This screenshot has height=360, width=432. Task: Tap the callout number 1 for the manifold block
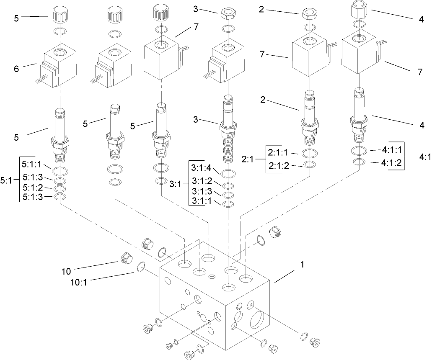click(302, 265)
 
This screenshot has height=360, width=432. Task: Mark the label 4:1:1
click(391, 149)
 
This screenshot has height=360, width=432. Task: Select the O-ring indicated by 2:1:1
click(309, 153)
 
